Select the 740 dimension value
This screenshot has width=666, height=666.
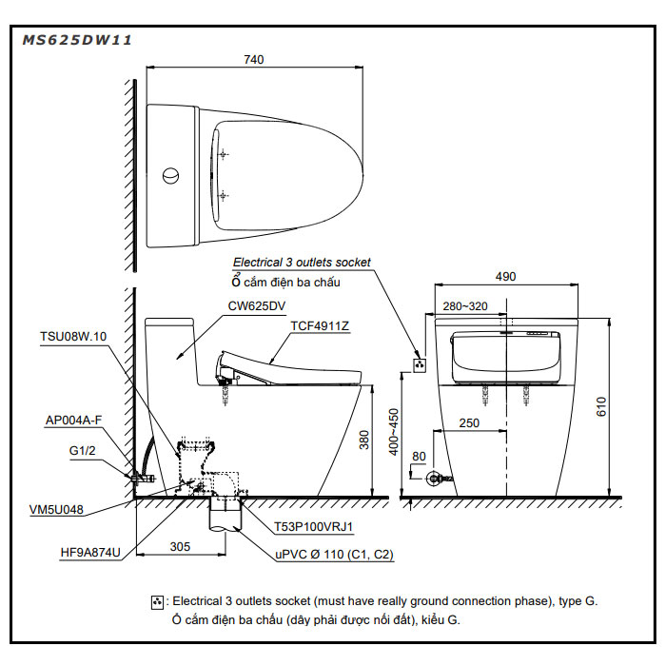(x=253, y=59)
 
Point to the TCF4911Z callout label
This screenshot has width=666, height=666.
(x=320, y=325)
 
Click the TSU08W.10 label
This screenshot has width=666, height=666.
(x=74, y=336)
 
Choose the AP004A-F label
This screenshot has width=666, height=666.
(x=73, y=420)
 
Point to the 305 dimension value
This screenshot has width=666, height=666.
(x=182, y=546)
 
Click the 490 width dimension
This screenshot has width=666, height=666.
(x=505, y=276)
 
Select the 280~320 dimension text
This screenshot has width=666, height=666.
(x=465, y=306)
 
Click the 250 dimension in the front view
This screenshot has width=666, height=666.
(x=468, y=422)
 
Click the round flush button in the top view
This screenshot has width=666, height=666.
(x=170, y=176)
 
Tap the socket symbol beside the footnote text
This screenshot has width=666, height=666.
(x=157, y=602)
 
